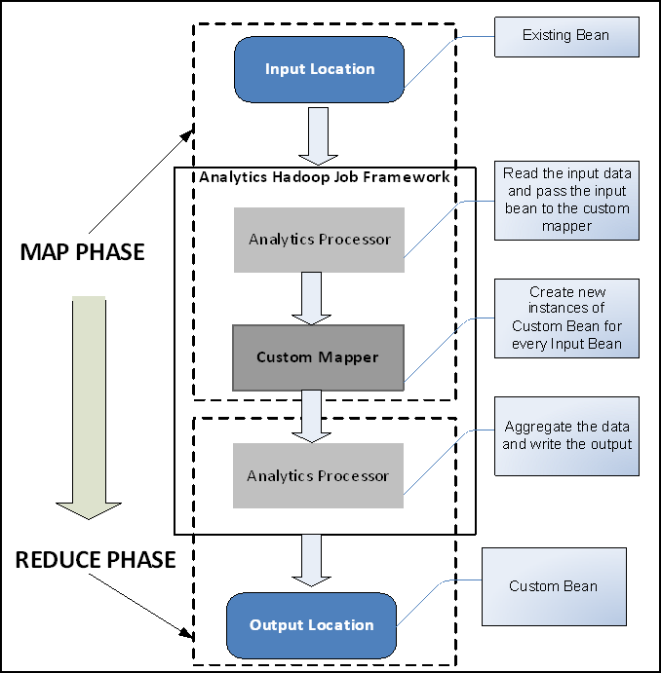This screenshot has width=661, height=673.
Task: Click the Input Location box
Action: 319,69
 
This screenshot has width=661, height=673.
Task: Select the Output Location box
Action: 312,624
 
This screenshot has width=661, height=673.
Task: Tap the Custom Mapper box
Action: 318,357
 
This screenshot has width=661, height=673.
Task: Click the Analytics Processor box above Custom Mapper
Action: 319,239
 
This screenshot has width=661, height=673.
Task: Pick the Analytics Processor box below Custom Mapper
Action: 318,475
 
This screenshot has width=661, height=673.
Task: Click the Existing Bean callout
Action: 565,36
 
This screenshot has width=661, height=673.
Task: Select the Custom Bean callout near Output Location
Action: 554,586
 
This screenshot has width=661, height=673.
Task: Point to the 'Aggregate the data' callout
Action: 566,436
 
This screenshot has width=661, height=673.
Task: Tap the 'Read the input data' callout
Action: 566,200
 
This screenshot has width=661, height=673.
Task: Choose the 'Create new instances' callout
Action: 566,318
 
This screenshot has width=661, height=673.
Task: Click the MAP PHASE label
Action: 82,252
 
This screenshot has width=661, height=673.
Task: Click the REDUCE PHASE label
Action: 96,560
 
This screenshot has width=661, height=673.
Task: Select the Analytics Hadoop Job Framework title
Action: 324,177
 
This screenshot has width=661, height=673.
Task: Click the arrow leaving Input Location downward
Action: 318,135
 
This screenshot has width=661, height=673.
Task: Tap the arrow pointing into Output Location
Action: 313,560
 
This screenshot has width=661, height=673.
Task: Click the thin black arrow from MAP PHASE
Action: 142,185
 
